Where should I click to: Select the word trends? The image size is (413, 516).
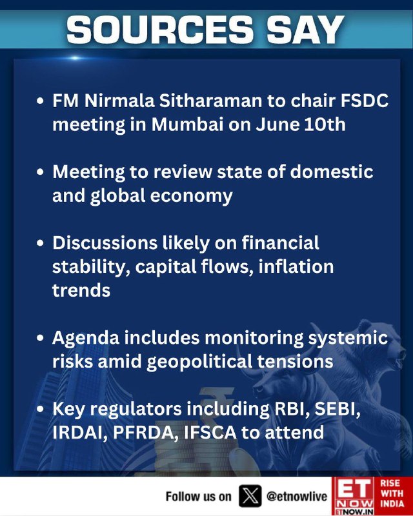(81, 291)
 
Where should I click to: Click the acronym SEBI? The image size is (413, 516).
(337, 409)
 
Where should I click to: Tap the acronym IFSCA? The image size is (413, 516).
(210, 433)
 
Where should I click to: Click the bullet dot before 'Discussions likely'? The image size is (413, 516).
(40, 243)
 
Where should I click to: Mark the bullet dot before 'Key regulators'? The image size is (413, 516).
(40, 409)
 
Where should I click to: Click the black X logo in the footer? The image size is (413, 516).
(250, 496)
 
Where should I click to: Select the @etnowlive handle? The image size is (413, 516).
(297, 497)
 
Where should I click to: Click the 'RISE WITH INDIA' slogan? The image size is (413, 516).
(392, 493)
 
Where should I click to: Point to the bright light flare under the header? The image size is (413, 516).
(75, 58)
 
